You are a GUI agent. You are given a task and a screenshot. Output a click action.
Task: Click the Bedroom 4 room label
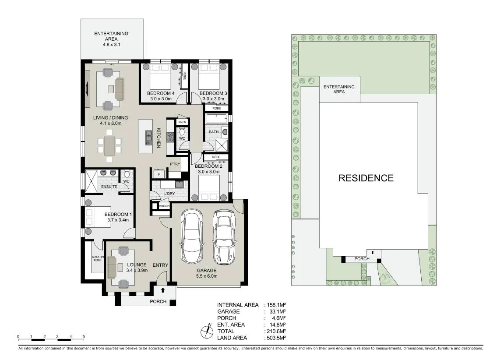point(160,93)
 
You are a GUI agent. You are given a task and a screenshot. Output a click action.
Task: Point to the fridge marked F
point(159,174)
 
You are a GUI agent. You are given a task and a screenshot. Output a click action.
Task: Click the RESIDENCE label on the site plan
point(366,178)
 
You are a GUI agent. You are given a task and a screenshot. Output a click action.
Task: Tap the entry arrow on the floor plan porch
point(163,290)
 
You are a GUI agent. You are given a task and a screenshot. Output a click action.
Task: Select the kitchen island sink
point(148,138)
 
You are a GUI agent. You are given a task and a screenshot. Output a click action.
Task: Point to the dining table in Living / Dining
point(109,145)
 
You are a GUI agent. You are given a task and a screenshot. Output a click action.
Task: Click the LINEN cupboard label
point(182,122)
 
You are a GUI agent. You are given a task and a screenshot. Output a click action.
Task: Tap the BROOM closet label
point(164,206)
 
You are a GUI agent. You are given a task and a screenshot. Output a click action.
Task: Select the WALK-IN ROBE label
point(98,258)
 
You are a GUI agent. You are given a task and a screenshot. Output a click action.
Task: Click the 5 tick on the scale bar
point(84,337)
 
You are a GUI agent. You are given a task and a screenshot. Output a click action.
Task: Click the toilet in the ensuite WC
point(127,174)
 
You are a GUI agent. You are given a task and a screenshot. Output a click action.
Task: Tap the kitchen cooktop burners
point(170,137)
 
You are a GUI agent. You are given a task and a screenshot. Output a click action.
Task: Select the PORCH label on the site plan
point(362,259)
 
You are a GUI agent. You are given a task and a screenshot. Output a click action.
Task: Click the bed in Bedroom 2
point(209,187)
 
